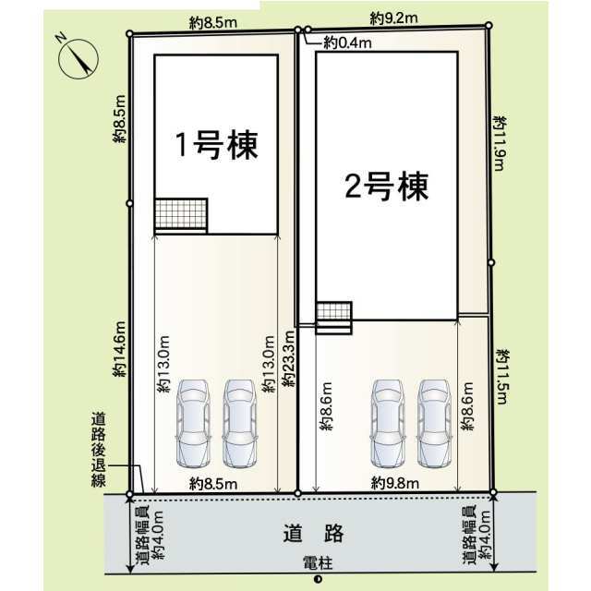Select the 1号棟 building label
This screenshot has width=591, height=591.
(x=217, y=145)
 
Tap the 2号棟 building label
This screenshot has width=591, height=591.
(x=387, y=187)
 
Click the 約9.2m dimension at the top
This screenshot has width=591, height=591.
(x=394, y=18)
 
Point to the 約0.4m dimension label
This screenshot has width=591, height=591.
(x=347, y=43)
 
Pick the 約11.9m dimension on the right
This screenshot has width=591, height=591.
(x=500, y=144)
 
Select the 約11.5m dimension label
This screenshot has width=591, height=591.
(x=502, y=377)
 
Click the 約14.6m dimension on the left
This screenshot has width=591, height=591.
(x=120, y=349)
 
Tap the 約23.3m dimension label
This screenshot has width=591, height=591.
(x=289, y=358)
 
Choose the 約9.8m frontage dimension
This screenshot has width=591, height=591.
(x=394, y=483)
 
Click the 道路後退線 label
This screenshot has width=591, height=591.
(x=99, y=450)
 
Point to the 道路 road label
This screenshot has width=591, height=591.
(x=314, y=533)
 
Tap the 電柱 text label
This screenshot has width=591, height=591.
(x=318, y=564)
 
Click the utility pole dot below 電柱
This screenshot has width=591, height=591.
(x=318, y=579)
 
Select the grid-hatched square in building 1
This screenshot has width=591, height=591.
(x=181, y=213)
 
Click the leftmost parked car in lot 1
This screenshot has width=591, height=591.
(x=193, y=423)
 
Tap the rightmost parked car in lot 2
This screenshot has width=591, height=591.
(x=435, y=423)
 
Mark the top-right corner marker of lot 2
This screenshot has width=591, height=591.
(x=488, y=25)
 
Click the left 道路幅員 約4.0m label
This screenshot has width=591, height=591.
(x=151, y=535)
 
